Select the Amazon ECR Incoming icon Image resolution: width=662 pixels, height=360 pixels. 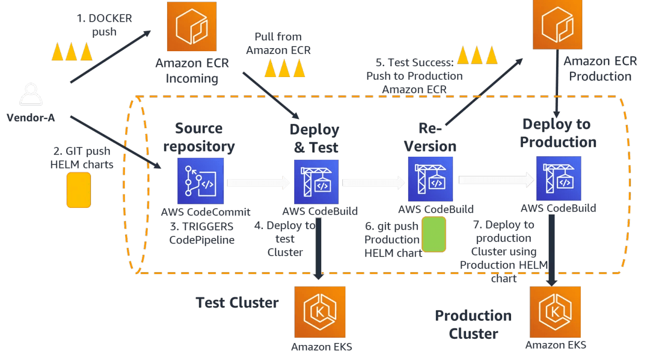pos(191,27)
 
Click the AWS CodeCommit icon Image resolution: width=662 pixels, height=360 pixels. pos(201,181)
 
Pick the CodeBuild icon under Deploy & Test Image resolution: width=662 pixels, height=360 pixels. pos(317,182)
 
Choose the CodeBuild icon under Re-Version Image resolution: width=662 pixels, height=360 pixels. pos(430,179)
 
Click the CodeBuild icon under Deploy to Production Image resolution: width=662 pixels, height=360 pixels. pos(559,178)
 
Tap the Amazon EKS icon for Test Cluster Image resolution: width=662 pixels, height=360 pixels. pos(319,312)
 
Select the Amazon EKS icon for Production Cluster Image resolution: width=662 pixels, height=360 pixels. pos(555,312)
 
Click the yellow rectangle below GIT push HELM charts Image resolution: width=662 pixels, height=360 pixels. pos(79,190)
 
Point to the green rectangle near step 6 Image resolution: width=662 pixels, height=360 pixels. pos(433,234)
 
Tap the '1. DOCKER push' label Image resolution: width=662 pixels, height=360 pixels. pos(104,25)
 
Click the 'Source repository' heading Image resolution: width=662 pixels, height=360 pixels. pos(199,137)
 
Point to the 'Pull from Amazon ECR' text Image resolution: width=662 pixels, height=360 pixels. pos(278,43)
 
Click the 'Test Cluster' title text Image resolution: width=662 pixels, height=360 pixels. pos(237,303)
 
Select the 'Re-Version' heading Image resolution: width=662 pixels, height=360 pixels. pos(430,137)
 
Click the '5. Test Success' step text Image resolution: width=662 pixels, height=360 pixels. pos(414,76)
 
